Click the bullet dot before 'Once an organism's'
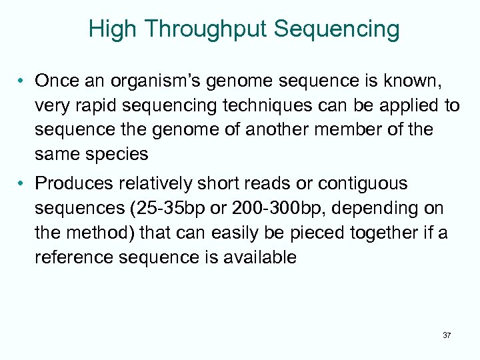[22, 82]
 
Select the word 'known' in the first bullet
[409, 81]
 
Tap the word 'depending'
[376, 207]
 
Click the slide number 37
[447, 335]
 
